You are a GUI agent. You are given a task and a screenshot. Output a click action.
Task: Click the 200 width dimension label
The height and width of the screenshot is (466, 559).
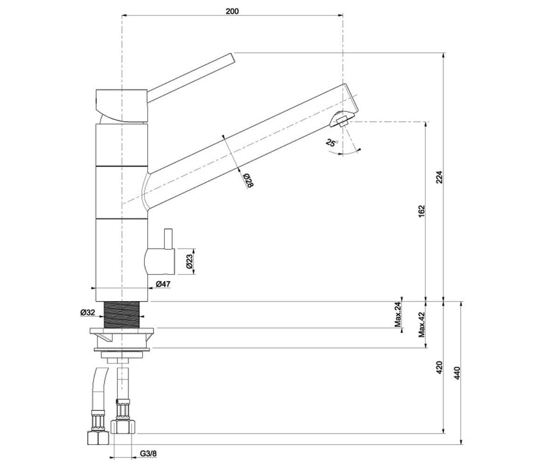tap(232, 11)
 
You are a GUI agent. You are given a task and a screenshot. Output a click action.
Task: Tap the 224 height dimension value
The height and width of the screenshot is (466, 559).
tap(439, 177)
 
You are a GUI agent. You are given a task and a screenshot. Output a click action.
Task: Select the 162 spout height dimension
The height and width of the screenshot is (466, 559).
tap(421, 211)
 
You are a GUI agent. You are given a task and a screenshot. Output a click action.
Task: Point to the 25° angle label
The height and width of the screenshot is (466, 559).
tap(331, 143)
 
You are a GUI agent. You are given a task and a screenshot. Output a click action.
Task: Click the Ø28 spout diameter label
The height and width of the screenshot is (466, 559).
tap(248, 180)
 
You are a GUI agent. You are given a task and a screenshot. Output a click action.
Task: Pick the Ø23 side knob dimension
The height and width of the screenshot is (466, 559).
tap(189, 261)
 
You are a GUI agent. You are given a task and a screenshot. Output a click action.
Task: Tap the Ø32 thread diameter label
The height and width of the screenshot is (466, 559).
tap(88, 312)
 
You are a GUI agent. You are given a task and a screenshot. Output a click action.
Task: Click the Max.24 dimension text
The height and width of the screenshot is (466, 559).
tap(398, 315)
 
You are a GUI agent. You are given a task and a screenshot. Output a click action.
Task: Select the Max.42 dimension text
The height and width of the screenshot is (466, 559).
tap(422, 325)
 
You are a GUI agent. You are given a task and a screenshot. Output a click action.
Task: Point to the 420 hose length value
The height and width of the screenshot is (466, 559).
tap(439, 368)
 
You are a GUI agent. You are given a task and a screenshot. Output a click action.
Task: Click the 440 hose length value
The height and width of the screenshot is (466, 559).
tap(457, 373)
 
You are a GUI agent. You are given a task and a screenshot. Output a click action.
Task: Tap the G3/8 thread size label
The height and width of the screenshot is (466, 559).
tap(148, 454)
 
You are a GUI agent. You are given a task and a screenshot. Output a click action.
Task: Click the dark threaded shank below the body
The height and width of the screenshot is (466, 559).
tap(122, 315)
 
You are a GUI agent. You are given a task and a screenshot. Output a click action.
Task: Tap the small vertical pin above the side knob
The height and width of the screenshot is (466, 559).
tap(168, 239)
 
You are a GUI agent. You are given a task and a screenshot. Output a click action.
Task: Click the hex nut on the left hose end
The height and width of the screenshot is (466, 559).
tap(98, 438)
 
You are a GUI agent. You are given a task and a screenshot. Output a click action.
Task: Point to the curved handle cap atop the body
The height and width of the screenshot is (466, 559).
tap(122, 106)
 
